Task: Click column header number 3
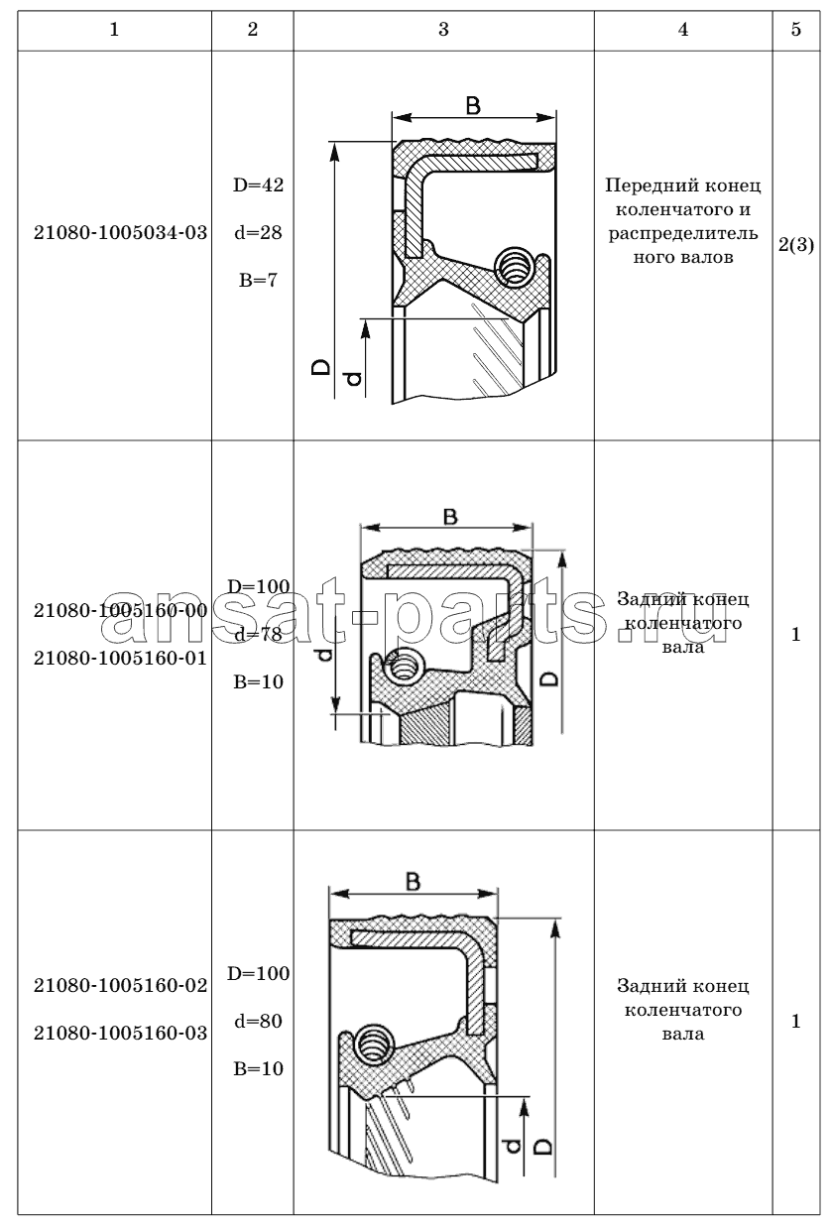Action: click(443, 30)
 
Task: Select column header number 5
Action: click(796, 30)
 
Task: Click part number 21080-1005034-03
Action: click(120, 234)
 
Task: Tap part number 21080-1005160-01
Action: click(120, 657)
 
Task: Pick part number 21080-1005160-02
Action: click(120, 986)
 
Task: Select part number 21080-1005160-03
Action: click(120, 1034)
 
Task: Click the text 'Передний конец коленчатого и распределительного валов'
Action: click(682, 222)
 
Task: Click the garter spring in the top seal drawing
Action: click(515, 264)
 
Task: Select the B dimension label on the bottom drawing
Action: click(414, 881)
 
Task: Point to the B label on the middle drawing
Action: click(449, 516)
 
